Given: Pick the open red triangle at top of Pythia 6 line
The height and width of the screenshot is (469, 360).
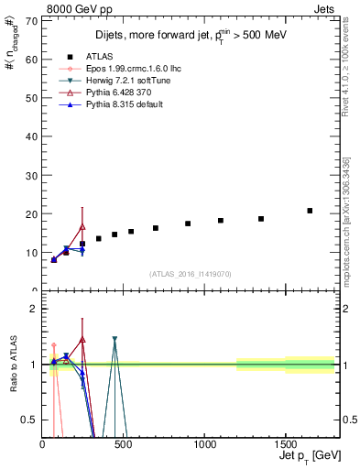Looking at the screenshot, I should (x=82, y=226).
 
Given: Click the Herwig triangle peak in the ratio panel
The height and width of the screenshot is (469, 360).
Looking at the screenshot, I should (x=115, y=339).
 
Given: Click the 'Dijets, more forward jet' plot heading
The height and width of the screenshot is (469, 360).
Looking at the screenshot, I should (x=188, y=37).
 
